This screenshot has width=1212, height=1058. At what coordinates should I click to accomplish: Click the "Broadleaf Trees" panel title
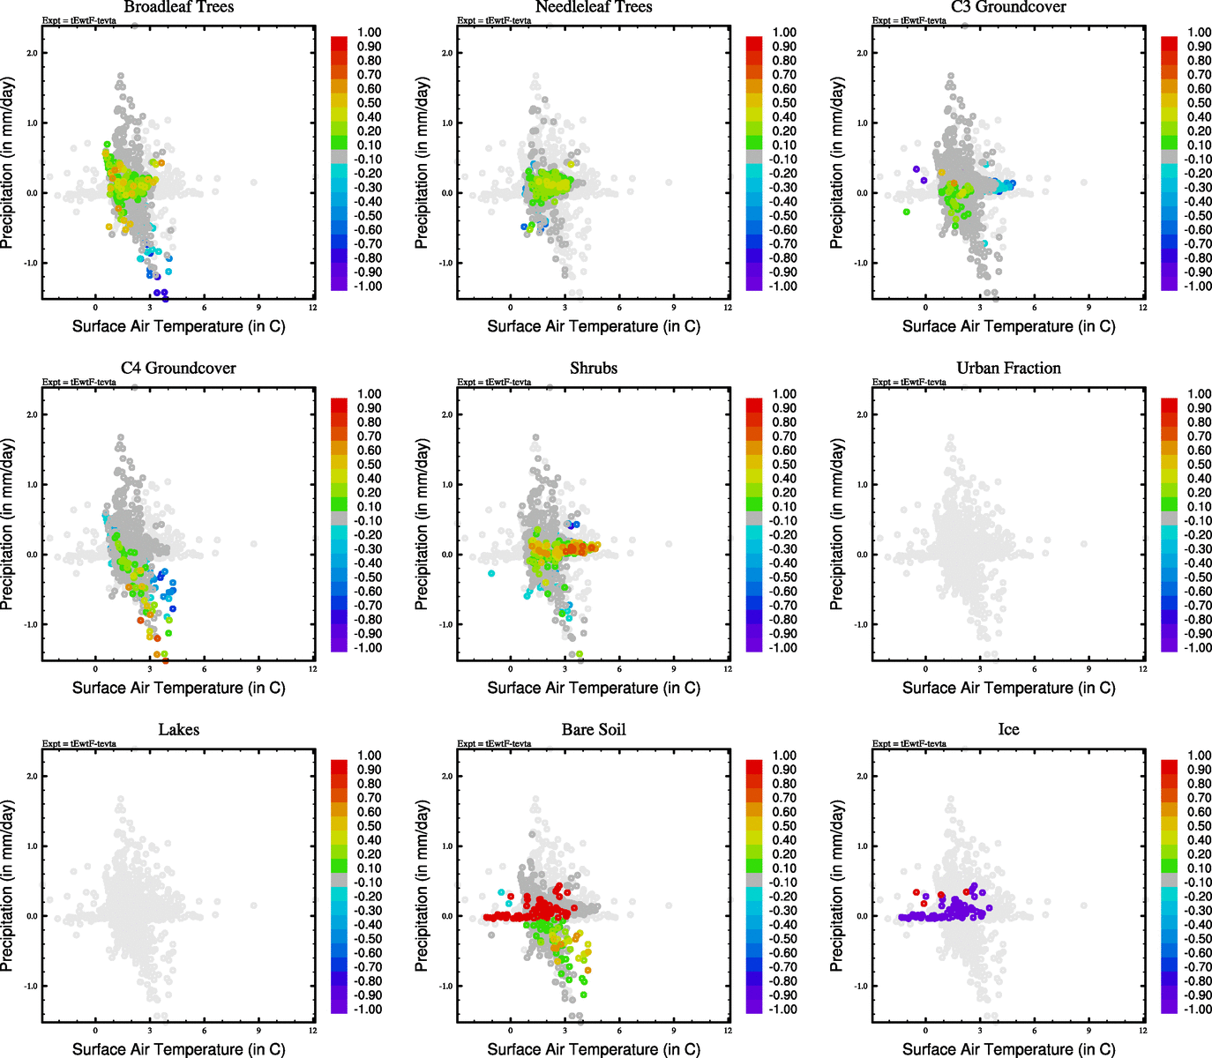[x=179, y=7]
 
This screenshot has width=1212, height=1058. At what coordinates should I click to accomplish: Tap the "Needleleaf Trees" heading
[x=594, y=7]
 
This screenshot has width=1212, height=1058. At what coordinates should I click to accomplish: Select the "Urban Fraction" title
[x=1008, y=369]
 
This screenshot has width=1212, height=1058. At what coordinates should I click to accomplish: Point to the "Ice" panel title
[x=1008, y=730]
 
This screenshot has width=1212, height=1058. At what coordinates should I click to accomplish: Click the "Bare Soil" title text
[x=594, y=730]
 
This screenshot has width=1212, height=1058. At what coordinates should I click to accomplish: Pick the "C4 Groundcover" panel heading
[x=179, y=369]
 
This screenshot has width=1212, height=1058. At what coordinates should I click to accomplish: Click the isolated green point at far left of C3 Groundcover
[x=906, y=212]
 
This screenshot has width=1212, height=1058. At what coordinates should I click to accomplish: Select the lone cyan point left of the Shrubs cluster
[x=491, y=573]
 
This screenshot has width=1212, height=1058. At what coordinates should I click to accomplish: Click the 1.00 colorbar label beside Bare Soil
[x=784, y=756]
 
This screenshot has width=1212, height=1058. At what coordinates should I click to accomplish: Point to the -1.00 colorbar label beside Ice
[x=1199, y=1010]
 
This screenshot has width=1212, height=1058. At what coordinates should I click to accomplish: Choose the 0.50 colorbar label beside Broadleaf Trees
[x=370, y=103]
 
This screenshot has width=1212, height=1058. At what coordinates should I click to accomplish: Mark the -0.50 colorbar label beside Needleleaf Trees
[x=784, y=216]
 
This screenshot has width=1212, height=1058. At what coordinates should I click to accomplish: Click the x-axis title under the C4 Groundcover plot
[x=179, y=688]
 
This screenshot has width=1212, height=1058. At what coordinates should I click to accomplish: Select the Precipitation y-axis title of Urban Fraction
[x=837, y=525]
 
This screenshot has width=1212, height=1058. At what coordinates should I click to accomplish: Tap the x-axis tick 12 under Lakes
[x=313, y=1031]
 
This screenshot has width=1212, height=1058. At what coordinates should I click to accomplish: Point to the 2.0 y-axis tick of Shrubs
[x=446, y=415]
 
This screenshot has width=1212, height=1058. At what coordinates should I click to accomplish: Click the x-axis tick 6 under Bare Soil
[x=619, y=1031]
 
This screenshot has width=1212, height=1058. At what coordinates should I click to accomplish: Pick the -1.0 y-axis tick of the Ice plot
[x=860, y=987]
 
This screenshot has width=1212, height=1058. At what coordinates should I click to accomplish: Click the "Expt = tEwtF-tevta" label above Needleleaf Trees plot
[x=494, y=20]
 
